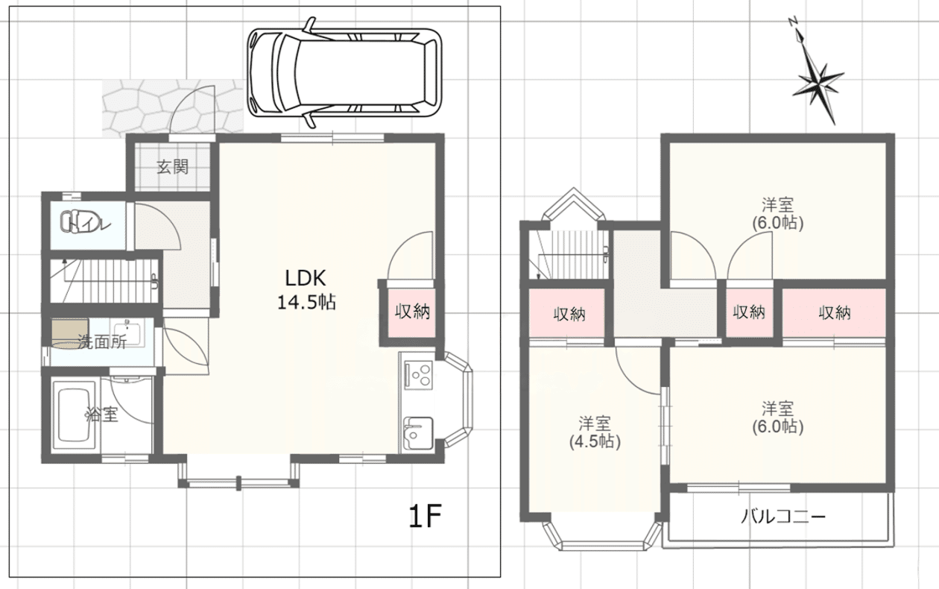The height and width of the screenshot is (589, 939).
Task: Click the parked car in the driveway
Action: coord(344,72)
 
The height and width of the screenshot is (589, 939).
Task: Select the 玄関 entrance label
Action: coord(173,167)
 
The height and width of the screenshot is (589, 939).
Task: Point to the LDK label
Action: coord(306,277)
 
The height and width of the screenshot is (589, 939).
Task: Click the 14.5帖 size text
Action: coord(306,302)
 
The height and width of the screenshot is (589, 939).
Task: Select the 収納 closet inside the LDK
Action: coord(411,312)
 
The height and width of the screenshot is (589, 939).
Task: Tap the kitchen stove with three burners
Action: coord(418,374)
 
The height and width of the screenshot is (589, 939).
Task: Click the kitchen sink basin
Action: coord(417,433)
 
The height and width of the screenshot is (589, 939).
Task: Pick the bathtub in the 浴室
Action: coord(74,415)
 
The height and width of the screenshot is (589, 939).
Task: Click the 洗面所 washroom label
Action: coord(102,342)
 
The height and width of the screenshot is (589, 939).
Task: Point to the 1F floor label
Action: coord(425,517)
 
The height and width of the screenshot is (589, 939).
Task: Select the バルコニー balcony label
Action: coord(783,517)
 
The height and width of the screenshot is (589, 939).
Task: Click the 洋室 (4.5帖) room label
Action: coord(595,432)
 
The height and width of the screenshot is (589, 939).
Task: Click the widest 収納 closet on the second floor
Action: coord(834,313)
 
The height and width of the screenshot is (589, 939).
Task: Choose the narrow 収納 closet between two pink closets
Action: coord(749,313)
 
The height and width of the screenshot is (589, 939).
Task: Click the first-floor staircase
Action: coord(104,280)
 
